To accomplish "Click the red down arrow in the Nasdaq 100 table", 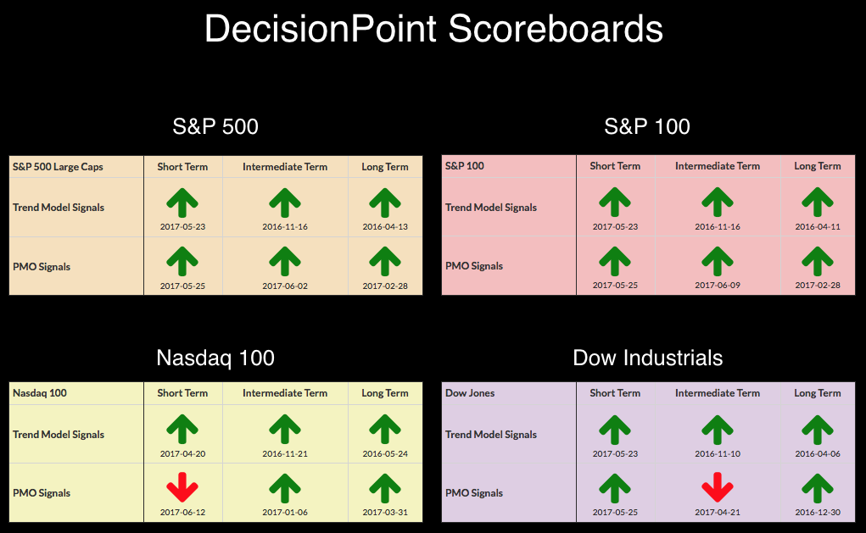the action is (x=182, y=487).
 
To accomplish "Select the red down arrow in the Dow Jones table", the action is (x=718, y=487).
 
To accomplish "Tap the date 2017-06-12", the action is (x=183, y=512).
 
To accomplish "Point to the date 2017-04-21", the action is (x=718, y=512).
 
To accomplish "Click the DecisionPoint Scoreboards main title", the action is (x=433, y=29).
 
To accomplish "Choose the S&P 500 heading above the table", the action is (x=215, y=127).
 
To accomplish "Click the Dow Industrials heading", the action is (x=648, y=358).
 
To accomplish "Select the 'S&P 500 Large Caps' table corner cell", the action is (x=58, y=167).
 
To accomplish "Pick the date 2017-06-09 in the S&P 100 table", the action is (x=718, y=286).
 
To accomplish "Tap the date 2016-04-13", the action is (x=385, y=227).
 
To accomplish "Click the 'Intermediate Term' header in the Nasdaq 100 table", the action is (x=285, y=393).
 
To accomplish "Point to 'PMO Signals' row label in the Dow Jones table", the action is (x=474, y=493).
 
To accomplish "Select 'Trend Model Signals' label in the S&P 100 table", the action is (x=491, y=208).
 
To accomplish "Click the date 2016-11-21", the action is (x=285, y=453).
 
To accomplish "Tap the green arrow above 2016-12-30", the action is (x=818, y=487).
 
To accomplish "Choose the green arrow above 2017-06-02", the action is (x=285, y=261).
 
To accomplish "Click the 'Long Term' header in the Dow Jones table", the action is (x=818, y=393).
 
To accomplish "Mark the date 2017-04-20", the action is (x=183, y=453).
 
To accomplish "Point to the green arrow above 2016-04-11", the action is (x=818, y=202).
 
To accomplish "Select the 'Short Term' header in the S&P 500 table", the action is (x=182, y=167).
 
